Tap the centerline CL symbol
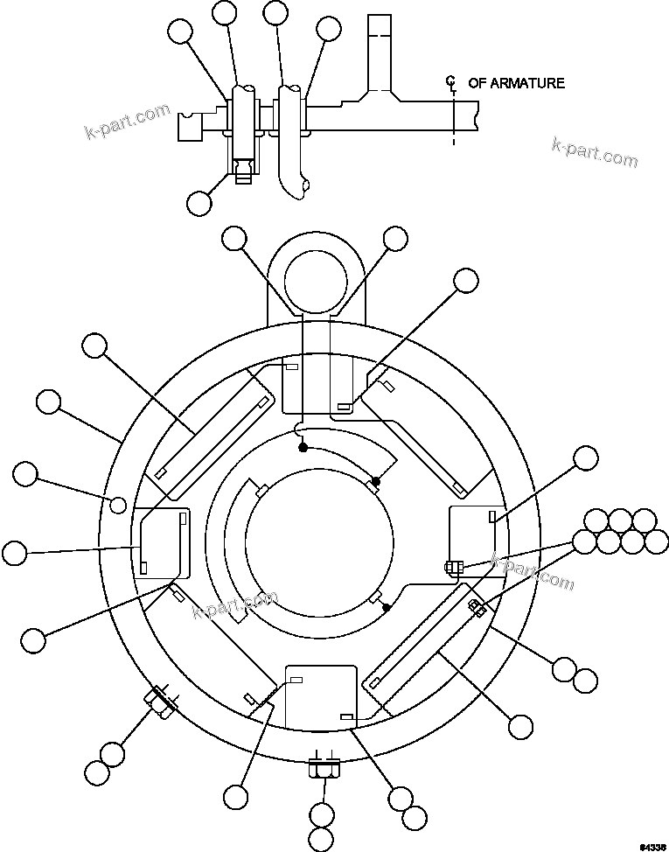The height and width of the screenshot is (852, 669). (451, 84)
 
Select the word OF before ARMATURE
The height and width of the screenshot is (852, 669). (477, 83)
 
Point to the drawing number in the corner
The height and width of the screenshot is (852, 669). (652, 846)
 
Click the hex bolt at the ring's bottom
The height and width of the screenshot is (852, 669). (322, 770)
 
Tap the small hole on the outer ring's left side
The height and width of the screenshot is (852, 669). (118, 504)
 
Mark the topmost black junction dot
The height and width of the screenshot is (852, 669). (303, 448)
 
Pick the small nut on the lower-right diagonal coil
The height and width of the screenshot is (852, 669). (476, 606)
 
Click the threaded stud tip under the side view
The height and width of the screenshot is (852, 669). (245, 177)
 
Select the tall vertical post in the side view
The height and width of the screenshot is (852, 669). (378, 54)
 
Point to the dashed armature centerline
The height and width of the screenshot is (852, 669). (454, 118)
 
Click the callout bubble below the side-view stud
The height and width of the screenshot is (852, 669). (199, 203)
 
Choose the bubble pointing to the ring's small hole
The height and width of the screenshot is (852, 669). (26, 474)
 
